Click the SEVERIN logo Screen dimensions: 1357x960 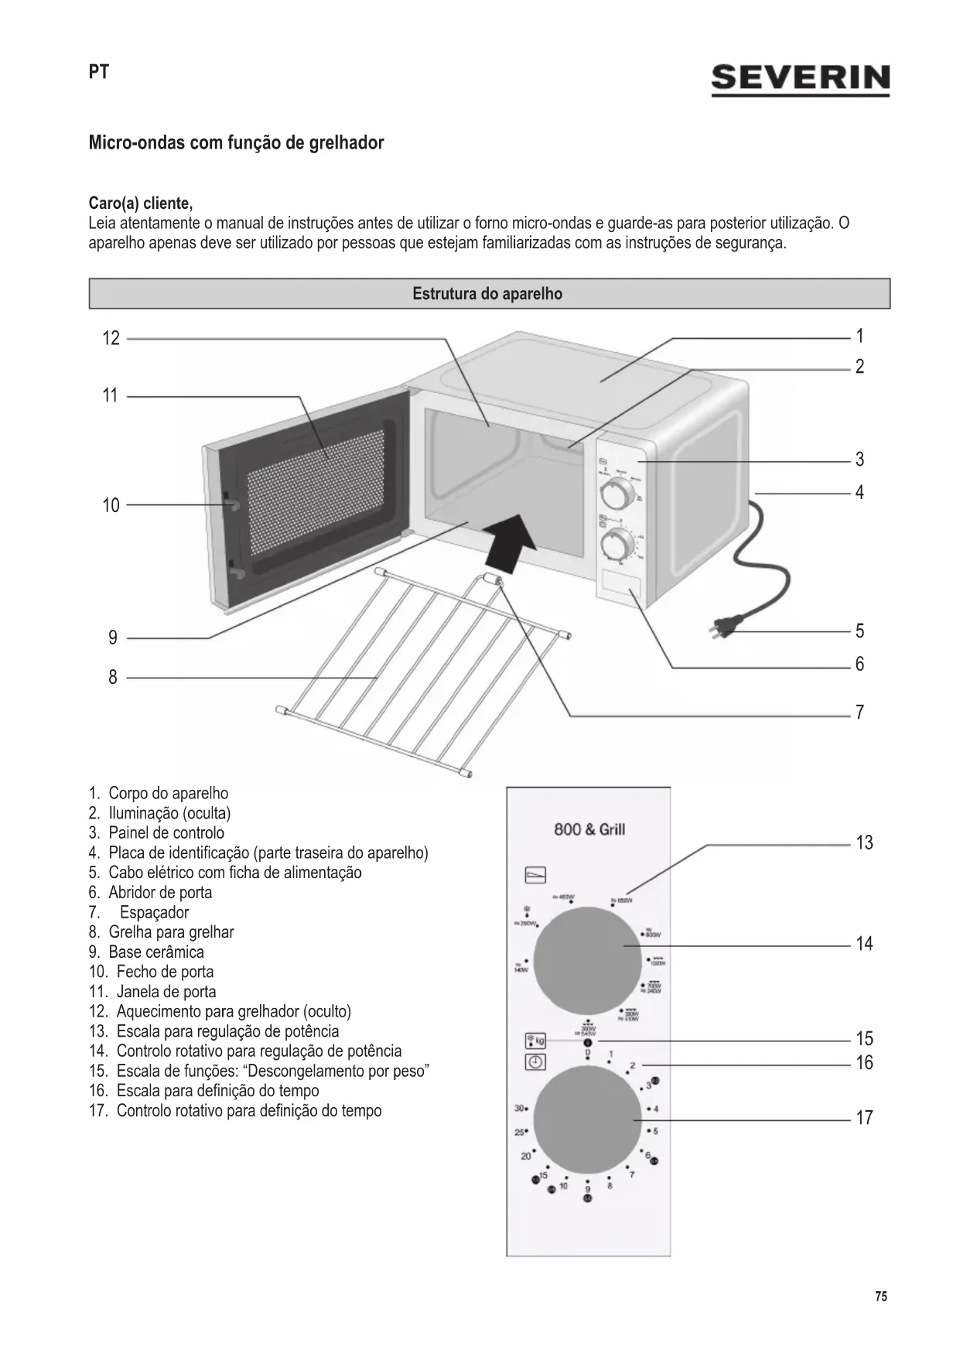(800, 79)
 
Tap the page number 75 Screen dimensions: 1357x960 (881, 1297)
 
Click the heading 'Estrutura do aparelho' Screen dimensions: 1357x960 (487, 294)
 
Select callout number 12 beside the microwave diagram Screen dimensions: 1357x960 (111, 338)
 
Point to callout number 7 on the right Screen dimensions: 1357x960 (859, 713)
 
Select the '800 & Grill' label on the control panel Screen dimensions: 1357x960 (589, 830)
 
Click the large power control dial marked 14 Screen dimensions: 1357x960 (587, 961)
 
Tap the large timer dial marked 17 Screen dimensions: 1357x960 (587, 1120)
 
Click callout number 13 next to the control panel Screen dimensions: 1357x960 (864, 843)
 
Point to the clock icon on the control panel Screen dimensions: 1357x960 (535, 1062)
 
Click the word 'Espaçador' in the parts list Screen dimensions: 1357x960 (154, 912)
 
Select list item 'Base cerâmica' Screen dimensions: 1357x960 (156, 952)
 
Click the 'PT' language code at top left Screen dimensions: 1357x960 (99, 72)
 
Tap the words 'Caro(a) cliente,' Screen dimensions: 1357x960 (141, 203)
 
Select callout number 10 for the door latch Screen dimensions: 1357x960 (111, 505)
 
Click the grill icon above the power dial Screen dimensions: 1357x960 (535, 874)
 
